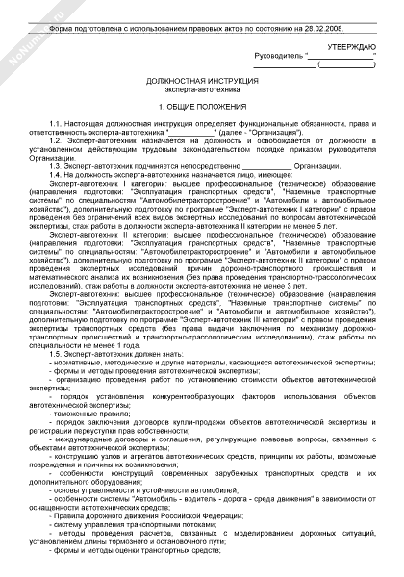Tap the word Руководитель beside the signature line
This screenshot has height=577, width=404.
point(277,57)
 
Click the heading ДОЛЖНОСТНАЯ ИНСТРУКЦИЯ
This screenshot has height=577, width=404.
point(202,86)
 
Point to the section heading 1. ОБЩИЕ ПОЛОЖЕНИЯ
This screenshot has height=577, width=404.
point(202,108)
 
